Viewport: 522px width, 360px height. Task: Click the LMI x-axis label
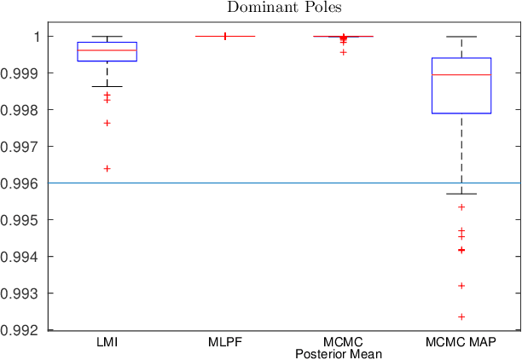(x=107, y=342)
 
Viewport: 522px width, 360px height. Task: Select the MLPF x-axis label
(x=225, y=342)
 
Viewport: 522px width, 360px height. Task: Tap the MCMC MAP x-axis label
(x=461, y=342)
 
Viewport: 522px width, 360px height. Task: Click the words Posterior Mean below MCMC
(x=343, y=353)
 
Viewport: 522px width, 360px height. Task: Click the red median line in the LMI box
(x=107, y=50)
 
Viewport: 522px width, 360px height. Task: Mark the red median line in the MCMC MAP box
(x=461, y=75)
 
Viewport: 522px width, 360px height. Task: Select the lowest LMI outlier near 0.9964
(x=107, y=168)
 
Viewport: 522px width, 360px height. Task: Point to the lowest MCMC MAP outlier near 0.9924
(x=461, y=316)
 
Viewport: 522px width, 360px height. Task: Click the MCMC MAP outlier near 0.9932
(x=461, y=285)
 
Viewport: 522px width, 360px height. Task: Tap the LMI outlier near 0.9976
(x=107, y=123)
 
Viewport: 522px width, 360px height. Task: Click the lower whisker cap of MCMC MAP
(x=461, y=194)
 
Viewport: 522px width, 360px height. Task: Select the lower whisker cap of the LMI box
(x=107, y=86)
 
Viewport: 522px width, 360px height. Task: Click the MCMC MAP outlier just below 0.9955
(x=461, y=207)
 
